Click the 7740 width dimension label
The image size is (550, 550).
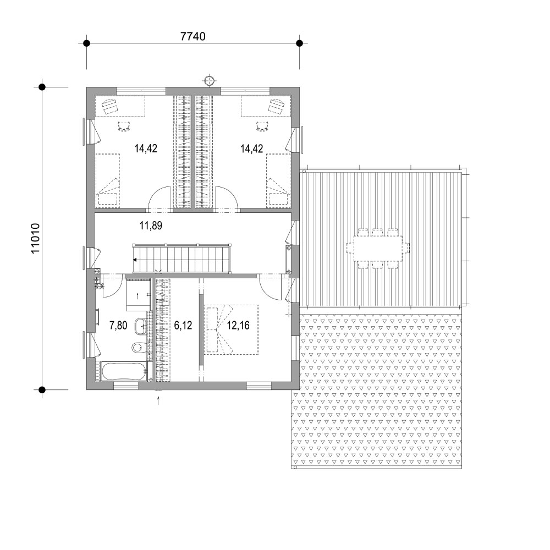(193, 36)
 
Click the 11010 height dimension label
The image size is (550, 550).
(36, 239)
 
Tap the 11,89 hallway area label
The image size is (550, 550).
(151, 225)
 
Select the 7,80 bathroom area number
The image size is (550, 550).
(118, 326)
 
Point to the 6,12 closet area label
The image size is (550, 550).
(183, 326)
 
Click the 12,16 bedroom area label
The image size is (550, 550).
(238, 326)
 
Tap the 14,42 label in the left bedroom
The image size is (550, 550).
(146, 148)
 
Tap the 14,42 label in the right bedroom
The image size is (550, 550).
(251, 148)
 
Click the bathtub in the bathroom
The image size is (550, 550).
(123, 371)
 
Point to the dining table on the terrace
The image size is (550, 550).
(378, 248)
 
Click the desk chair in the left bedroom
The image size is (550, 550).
(124, 126)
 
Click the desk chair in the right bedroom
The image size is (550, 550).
(262, 126)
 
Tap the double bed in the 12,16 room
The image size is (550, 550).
(232, 329)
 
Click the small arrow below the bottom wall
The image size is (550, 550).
(158, 400)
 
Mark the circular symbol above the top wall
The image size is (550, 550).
(209, 80)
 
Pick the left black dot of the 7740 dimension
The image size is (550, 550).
(86, 43)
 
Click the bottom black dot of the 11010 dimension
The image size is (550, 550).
(42, 389)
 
